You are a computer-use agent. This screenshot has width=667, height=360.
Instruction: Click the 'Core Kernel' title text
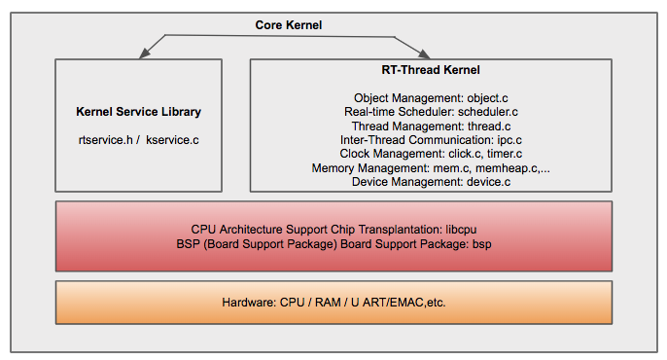[x=288, y=23]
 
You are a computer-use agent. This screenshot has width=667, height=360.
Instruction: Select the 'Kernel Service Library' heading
[x=138, y=112]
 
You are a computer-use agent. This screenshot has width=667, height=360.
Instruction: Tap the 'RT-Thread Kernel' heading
[x=431, y=71]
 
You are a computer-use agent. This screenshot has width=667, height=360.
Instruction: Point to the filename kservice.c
[x=173, y=140]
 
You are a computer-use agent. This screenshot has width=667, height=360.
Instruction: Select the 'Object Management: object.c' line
[x=431, y=98]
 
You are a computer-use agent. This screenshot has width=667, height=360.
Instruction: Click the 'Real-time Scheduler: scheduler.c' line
[x=431, y=112]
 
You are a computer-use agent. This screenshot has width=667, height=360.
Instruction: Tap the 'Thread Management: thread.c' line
[x=431, y=126]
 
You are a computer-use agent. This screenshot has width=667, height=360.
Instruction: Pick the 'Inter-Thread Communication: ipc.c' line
[x=431, y=139]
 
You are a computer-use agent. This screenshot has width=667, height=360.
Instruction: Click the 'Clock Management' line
[x=431, y=153]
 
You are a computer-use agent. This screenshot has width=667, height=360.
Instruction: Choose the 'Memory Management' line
[x=431, y=167]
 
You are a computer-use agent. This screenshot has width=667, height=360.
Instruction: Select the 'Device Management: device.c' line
[x=431, y=181]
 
